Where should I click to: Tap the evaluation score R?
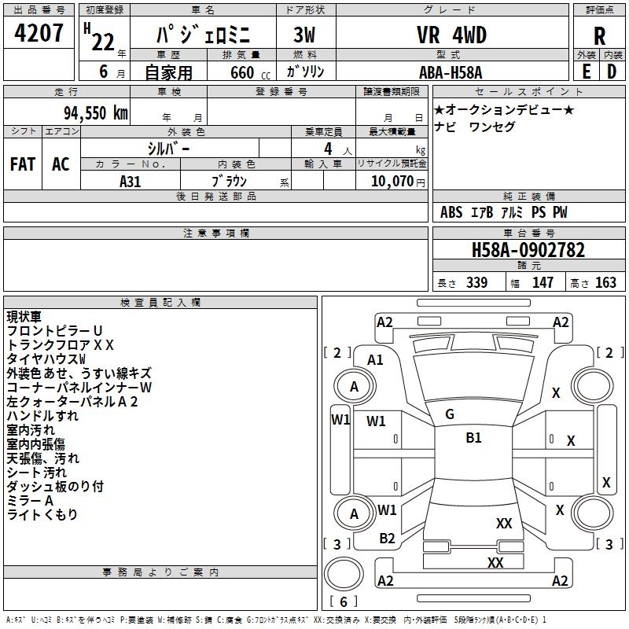pyautogui.click(x=599, y=36)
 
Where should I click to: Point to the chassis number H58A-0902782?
pyautogui.click(x=528, y=251)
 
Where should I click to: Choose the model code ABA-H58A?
pyautogui.click(x=451, y=72)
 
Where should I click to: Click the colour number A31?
pyautogui.click(x=131, y=181)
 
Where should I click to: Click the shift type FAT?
pyautogui.click(x=23, y=164)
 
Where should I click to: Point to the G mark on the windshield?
pyautogui.click(x=450, y=414)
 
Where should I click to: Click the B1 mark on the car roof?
pyautogui.click(x=473, y=438)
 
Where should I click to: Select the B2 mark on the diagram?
pyautogui.click(x=388, y=539)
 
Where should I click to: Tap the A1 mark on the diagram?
pyautogui.click(x=376, y=359)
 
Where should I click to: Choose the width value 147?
pyautogui.click(x=543, y=283)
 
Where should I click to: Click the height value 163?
pyautogui.click(x=605, y=283)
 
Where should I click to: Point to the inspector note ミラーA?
pyautogui.click(x=30, y=501)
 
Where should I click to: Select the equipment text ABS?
pyautogui.click(x=451, y=212)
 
